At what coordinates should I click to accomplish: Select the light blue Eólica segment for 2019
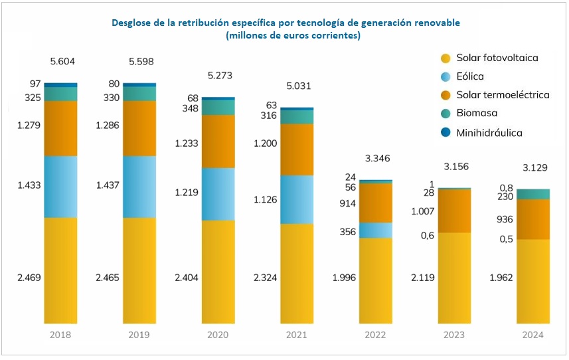pyautogui.click(x=139, y=187)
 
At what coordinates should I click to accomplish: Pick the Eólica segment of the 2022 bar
pyautogui.click(x=375, y=230)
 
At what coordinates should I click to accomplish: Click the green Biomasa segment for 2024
pyautogui.click(x=533, y=194)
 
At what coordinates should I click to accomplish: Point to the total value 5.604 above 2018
pyautogui.click(x=62, y=62)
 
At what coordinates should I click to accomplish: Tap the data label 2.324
pyautogui.click(x=266, y=278)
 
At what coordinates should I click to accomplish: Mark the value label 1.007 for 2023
pyautogui.click(x=423, y=211)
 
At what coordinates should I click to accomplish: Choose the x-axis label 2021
pyautogui.click(x=297, y=335)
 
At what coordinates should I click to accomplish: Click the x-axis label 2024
pyautogui.click(x=532, y=335)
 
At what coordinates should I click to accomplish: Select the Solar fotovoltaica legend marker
pyautogui.click(x=446, y=58)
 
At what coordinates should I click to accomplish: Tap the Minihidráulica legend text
pyautogui.click(x=489, y=133)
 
